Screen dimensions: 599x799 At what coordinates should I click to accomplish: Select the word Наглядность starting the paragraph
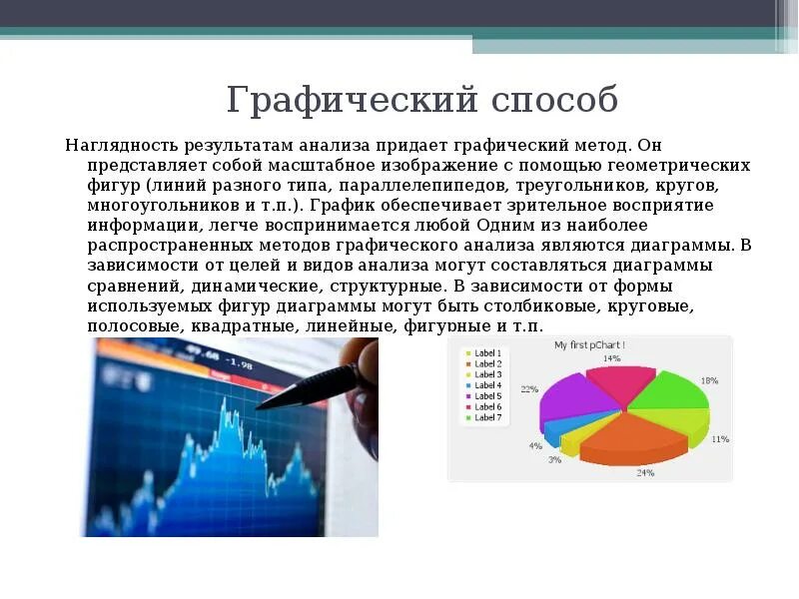click(116, 146)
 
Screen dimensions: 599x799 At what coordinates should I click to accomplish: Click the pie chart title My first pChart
click(597, 345)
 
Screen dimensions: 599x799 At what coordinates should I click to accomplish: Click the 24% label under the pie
click(644, 472)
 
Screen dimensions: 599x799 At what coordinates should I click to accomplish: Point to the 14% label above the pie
click(611, 357)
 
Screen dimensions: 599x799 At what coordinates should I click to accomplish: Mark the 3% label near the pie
click(554, 460)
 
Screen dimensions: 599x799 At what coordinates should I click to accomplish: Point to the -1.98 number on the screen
click(240, 365)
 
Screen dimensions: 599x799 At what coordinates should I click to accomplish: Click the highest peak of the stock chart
click(226, 400)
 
